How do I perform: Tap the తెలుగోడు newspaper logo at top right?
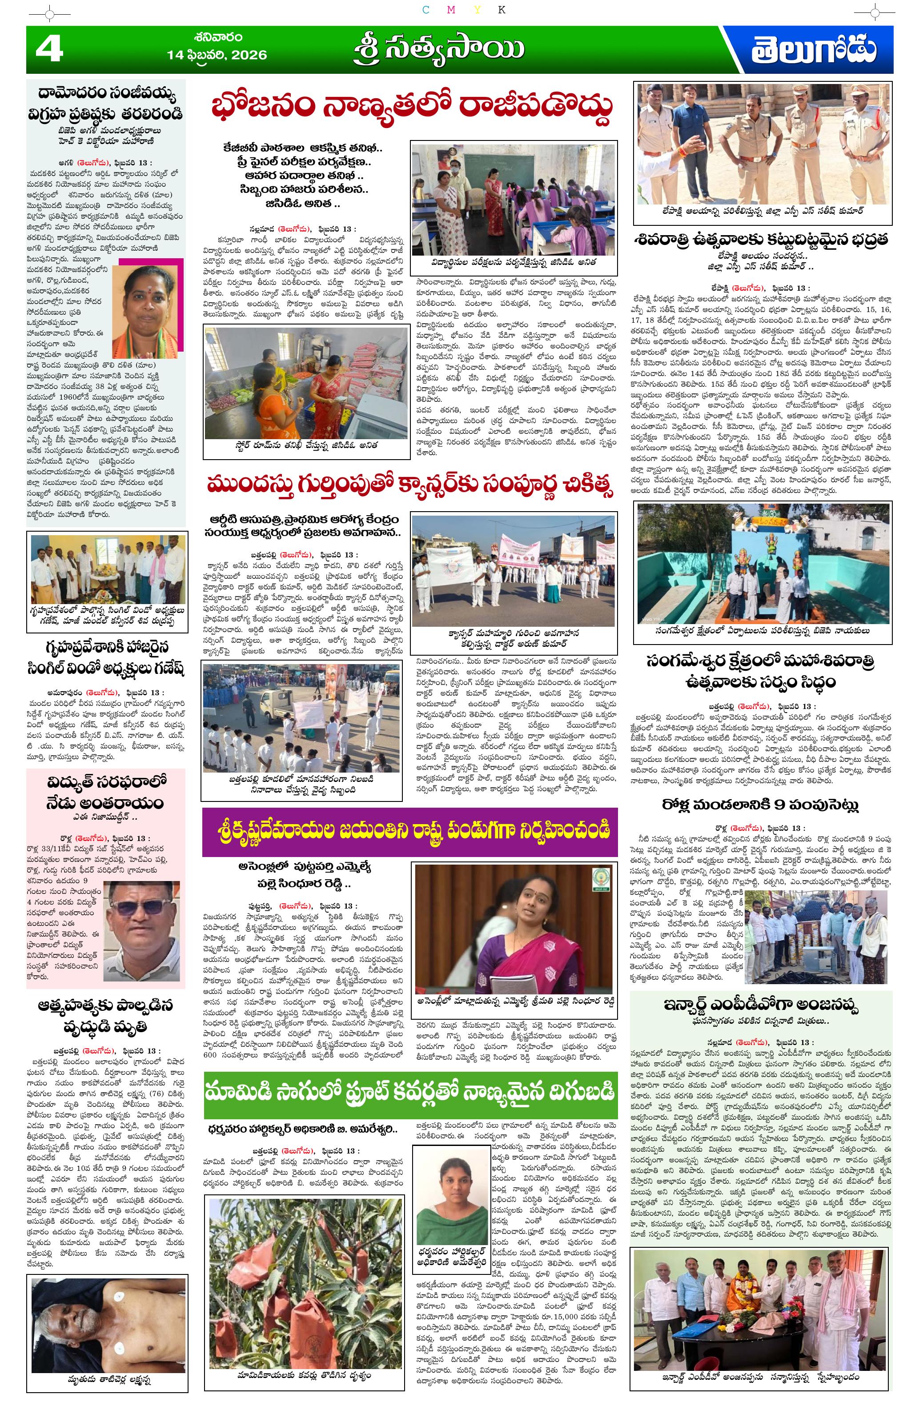pos(814,50)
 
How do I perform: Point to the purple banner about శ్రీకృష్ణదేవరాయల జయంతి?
pos(409,831)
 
